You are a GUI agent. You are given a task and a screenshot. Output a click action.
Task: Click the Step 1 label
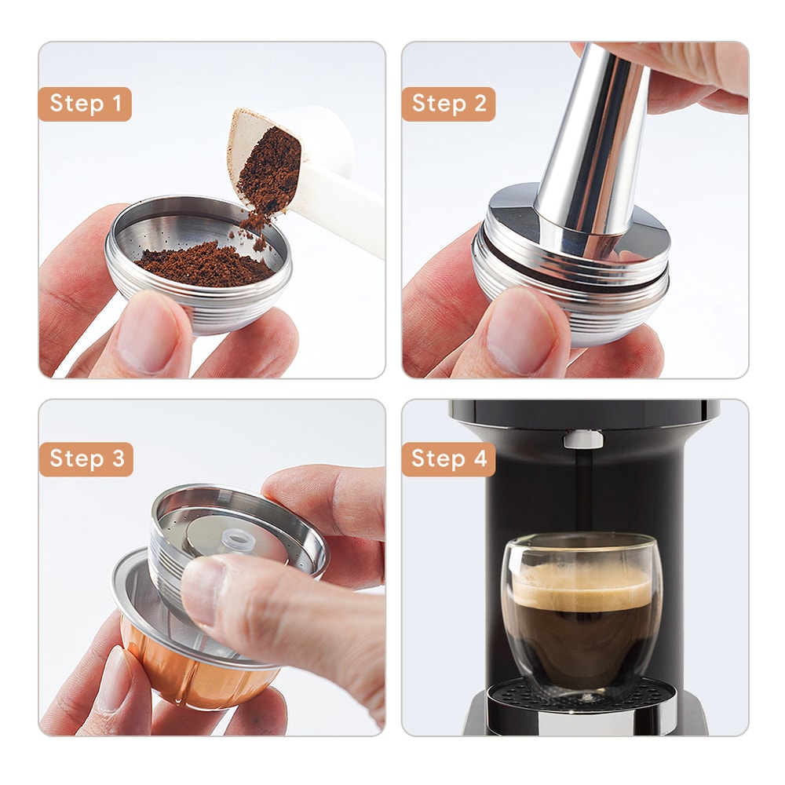click(x=85, y=104)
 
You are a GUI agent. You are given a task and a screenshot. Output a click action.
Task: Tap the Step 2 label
click(x=448, y=104)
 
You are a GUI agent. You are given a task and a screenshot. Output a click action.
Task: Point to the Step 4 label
click(x=448, y=459)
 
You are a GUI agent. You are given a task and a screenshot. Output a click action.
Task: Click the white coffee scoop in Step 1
click(x=330, y=188)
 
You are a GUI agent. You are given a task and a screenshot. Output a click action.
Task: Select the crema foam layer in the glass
click(x=581, y=585)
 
